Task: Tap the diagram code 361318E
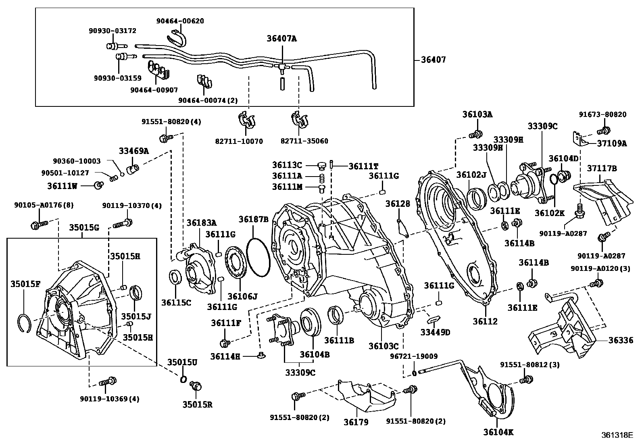pyautogui.click(x=617, y=435)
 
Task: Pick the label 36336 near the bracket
pyautogui.click(x=621, y=341)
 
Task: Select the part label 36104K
pyautogui.click(x=498, y=432)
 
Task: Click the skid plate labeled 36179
pyautogui.click(x=367, y=397)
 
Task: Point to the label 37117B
pyautogui.click(x=602, y=168)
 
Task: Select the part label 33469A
pyautogui.click(x=133, y=151)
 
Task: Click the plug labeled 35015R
pyautogui.click(x=196, y=386)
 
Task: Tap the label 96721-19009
pyautogui.click(x=413, y=356)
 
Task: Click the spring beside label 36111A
pyautogui.click(x=322, y=177)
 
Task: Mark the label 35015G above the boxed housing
pyautogui.click(x=83, y=227)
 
